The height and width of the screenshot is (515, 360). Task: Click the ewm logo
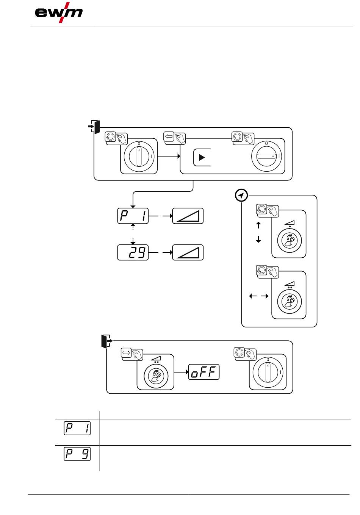point(59,13)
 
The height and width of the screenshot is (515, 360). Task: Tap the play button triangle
point(202,158)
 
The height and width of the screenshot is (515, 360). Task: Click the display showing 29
point(133,252)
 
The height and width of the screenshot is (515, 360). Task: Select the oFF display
point(203,372)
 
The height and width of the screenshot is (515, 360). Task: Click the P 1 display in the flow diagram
point(133,216)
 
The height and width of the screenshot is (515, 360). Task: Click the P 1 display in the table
point(77,428)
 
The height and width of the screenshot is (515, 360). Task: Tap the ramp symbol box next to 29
point(188,252)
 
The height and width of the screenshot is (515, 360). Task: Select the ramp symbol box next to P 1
point(188,216)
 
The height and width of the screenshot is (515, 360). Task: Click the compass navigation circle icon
point(241,196)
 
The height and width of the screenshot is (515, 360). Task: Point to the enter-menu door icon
point(94,127)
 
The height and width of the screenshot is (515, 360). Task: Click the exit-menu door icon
point(107,341)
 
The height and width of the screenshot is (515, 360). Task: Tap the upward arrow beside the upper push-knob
point(258,225)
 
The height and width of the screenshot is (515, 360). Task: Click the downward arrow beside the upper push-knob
point(258,239)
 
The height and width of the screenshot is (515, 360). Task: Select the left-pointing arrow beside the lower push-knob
point(253,296)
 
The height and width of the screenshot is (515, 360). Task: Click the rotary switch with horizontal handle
point(266,156)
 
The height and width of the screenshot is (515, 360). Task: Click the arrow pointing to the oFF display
point(181,372)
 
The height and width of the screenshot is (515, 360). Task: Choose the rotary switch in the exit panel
point(268,372)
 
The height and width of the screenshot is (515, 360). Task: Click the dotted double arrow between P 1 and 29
point(133,234)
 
